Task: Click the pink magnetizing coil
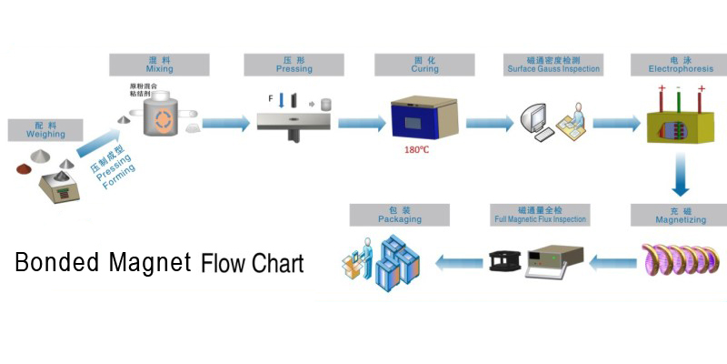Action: point(677,263)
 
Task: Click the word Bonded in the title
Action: point(57,263)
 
